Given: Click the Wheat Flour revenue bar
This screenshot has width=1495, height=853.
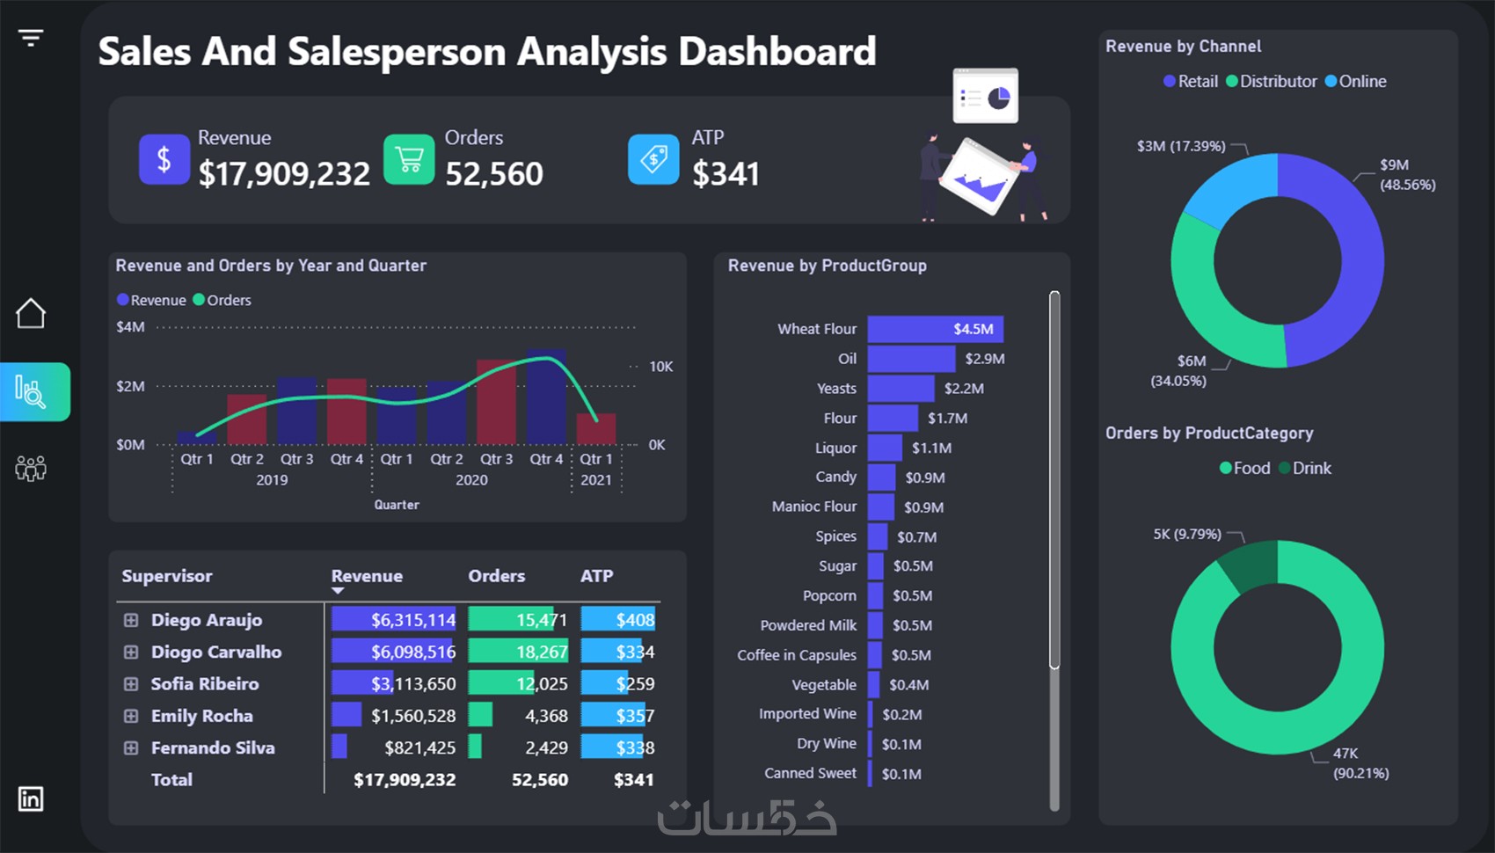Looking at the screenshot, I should [x=935, y=329].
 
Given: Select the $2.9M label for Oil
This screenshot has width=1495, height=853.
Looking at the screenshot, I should [x=984, y=359].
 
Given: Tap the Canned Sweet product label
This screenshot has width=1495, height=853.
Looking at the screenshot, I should [x=810, y=773].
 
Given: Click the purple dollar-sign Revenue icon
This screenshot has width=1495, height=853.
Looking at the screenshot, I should [x=164, y=159].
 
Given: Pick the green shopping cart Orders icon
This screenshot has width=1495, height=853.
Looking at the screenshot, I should [x=409, y=159].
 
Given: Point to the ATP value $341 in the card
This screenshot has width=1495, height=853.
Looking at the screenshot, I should [x=726, y=173].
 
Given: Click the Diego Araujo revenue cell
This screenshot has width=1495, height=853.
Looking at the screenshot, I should [x=393, y=620].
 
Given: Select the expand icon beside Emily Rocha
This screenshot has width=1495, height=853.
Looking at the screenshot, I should [x=131, y=716].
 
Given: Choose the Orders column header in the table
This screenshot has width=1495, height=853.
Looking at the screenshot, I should [x=496, y=576].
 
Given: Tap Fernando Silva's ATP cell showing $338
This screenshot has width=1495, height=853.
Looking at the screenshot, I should [x=618, y=747].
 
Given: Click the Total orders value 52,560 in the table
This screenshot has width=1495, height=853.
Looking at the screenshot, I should [x=540, y=779].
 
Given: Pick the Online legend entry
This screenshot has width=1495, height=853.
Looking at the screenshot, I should [x=1355, y=82].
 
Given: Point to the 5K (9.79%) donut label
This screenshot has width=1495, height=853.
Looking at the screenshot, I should [x=1187, y=534].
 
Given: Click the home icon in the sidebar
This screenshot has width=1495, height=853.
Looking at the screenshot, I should [x=31, y=313].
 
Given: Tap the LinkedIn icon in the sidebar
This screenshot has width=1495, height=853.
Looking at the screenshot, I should [x=31, y=798].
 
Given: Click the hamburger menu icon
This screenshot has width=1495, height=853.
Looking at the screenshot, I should [x=31, y=38].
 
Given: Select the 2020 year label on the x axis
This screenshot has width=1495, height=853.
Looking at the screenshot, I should [x=471, y=480].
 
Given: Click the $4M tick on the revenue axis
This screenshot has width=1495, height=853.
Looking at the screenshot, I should [x=130, y=327].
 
